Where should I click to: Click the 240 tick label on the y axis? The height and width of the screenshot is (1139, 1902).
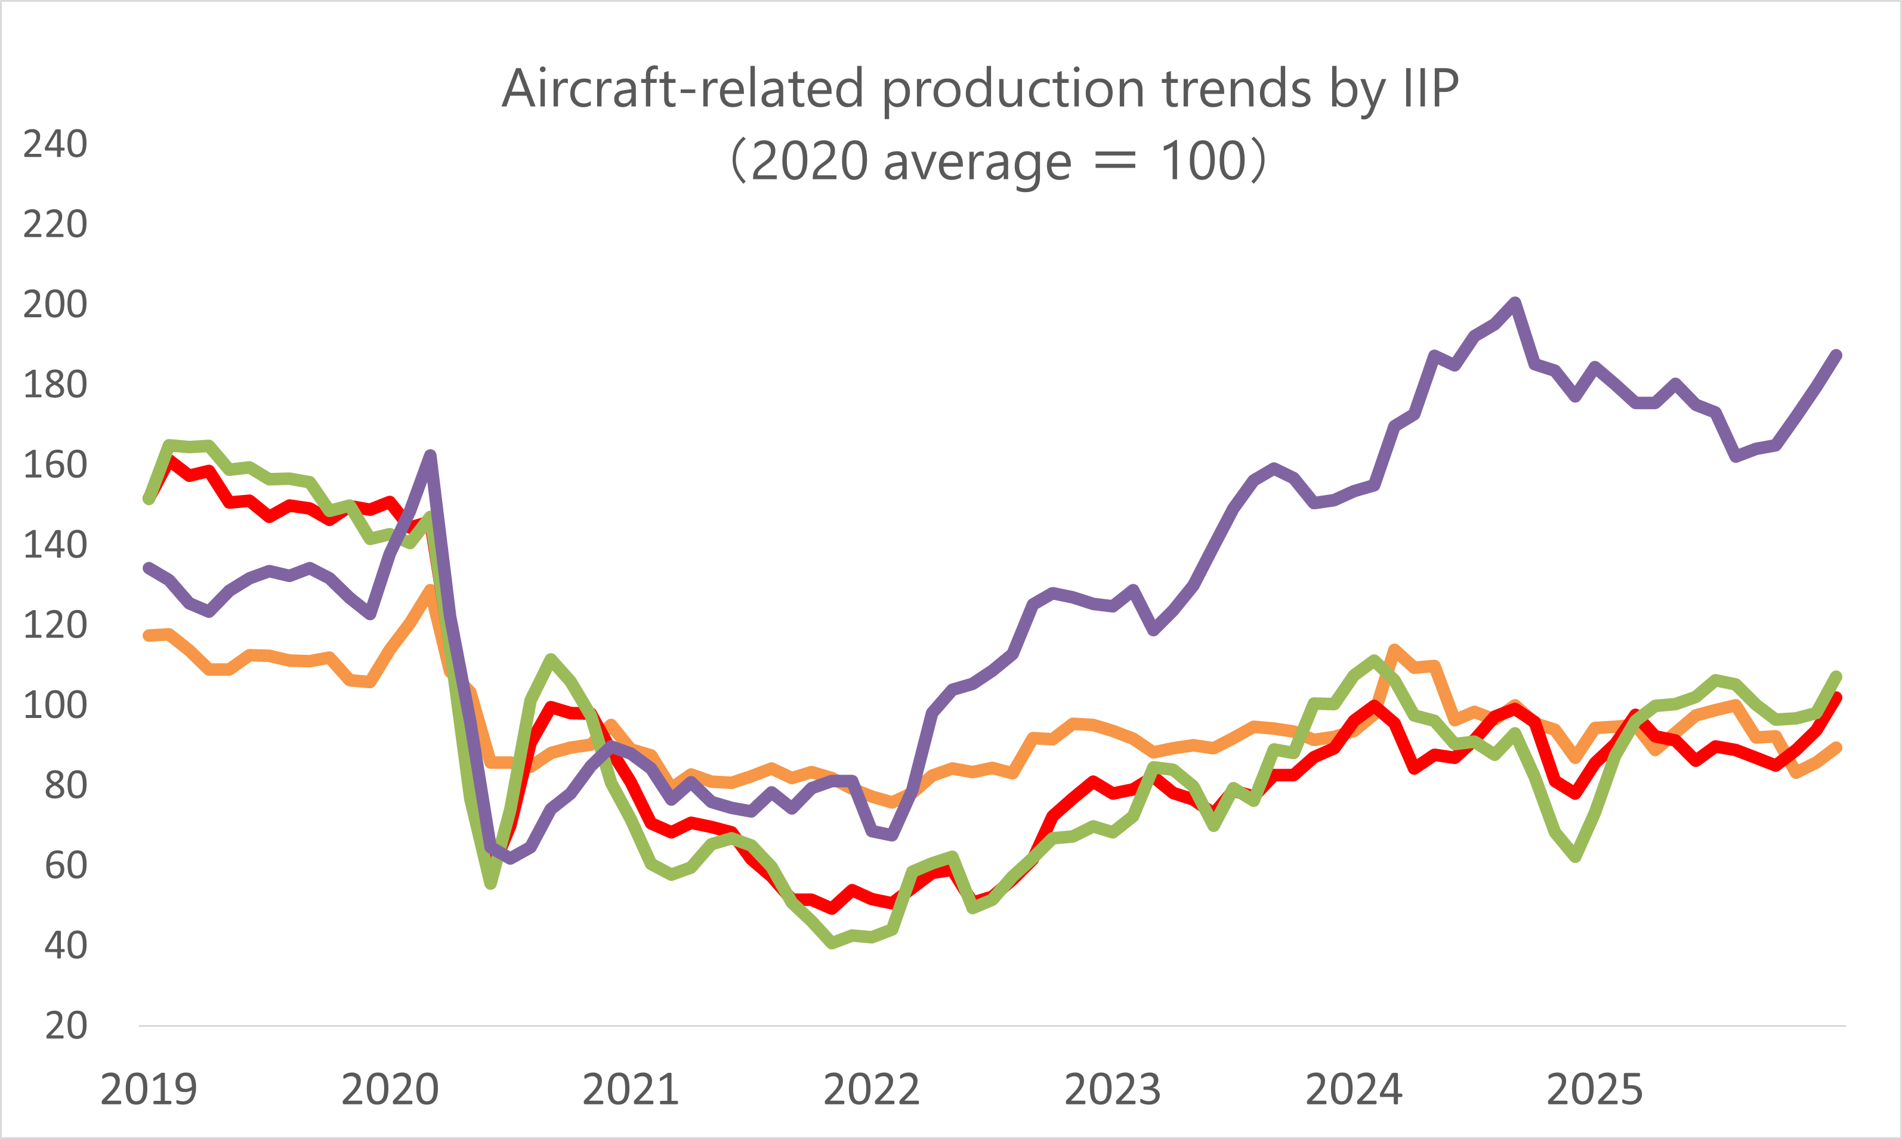pyautogui.click(x=55, y=144)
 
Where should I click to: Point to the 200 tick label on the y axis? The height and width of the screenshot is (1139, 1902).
pyautogui.click(x=55, y=305)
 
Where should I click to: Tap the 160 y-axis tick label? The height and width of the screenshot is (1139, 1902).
pyautogui.click(x=55, y=465)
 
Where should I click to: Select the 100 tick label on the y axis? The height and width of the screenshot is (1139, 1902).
pyautogui.click(x=55, y=705)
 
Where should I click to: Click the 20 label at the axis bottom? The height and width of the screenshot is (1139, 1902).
pyautogui.click(x=66, y=1026)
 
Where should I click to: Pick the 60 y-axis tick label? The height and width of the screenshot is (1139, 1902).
pyautogui.click(x=66, y=866)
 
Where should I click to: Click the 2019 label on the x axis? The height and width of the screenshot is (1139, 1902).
pyautogui.click(x=149, y=1090)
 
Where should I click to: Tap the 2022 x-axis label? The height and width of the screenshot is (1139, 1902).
pyautogui.click(x=872, y=1090)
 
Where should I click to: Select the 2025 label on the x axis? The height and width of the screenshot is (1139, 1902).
pyautogui.click(x=1594, y=1090)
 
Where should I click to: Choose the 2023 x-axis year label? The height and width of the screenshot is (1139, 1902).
pyautogui.click(x=1113, y=1090)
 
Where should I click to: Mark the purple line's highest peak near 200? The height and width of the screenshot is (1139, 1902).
pyautogui.click(x=1515, y=302)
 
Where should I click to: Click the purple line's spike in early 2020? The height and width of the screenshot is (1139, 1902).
pyautogui.click(x=431, y=456)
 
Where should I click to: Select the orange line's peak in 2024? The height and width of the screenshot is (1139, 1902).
pyautogui.click(x=1394, y=649)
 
